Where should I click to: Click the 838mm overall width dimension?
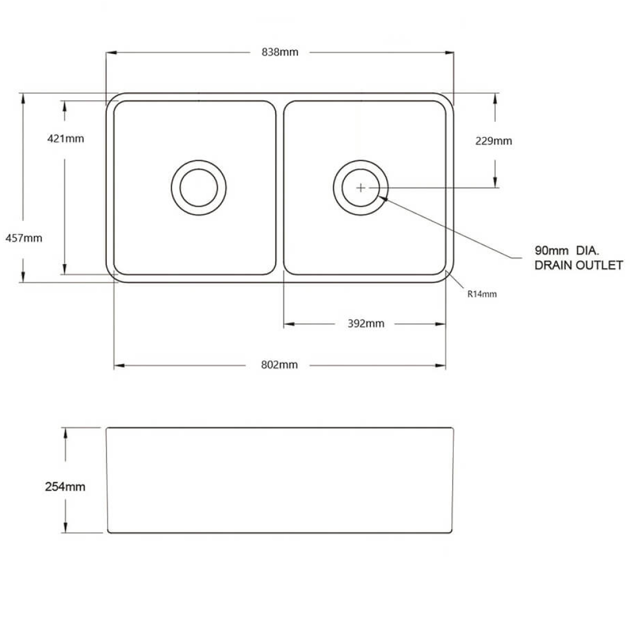pos(280,52)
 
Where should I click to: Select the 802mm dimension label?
pos(279,365)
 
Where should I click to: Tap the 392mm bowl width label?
pos(366,324)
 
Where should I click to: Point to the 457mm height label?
pos(24,238)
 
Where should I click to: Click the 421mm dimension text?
pos(65,139)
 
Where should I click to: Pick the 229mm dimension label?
pos(494,141)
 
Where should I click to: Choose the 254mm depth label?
pos(65,487)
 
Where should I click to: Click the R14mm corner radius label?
pos(482,294)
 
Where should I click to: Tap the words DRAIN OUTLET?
pos(579,265)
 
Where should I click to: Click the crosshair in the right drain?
pos(360,187)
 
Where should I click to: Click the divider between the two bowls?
pos(280,187)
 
